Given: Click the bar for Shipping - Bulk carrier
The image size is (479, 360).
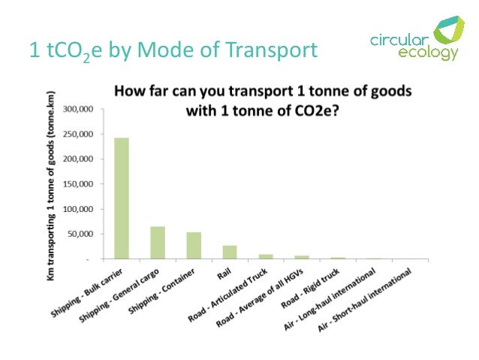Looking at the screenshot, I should (x=121, y=198).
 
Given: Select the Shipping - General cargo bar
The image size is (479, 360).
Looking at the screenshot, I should (x=158, y=242).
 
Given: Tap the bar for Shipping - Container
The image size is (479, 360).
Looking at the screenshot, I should (x=194, y=245).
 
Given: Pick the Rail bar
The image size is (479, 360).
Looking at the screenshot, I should (x=230, y=252).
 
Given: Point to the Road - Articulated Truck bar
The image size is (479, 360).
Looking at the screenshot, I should (x=266, y=256).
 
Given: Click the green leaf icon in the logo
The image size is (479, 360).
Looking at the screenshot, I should (x=449, y=37).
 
